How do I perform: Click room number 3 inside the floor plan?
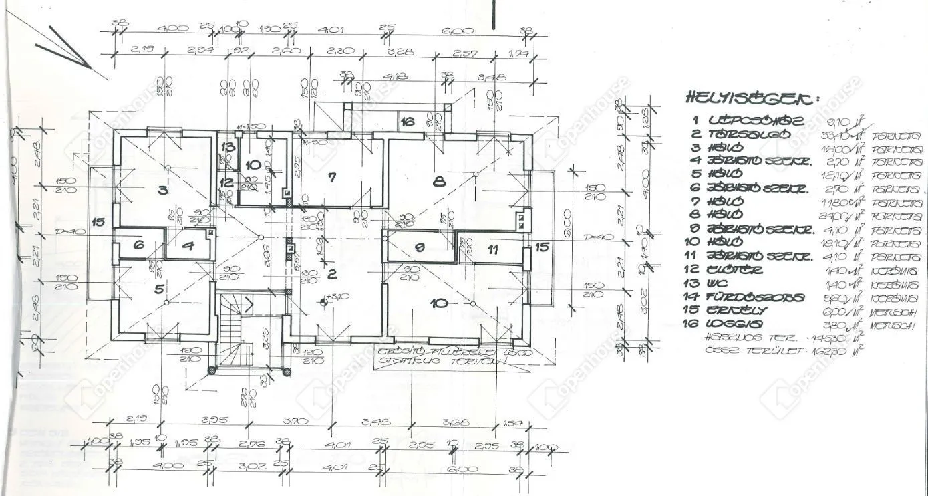coord(162,189)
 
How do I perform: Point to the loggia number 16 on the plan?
coord(408,121)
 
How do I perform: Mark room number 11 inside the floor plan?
coord(493,250)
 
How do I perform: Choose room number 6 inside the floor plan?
coord(138,245)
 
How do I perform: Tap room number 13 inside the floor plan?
coord(228,147)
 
